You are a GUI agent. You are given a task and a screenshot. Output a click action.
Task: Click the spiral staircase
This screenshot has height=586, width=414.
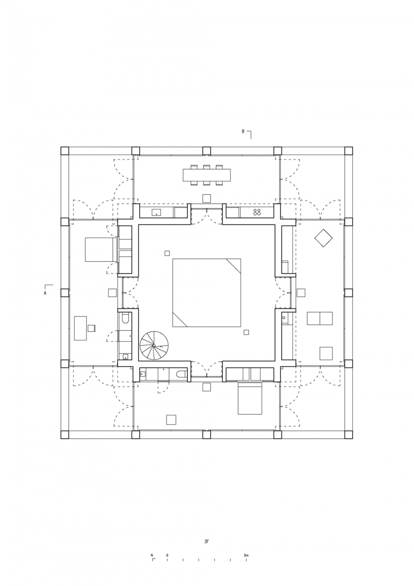coord(154,346)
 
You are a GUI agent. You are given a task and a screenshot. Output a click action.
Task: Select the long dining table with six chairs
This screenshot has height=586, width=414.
coord(207,175)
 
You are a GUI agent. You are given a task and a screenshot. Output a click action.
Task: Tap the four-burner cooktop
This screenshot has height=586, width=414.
coord(256,212)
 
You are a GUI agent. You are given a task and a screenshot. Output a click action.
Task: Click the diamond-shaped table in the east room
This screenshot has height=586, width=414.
coord(323,238)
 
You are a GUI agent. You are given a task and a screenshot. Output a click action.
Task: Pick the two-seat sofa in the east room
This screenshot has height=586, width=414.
coord(320,318)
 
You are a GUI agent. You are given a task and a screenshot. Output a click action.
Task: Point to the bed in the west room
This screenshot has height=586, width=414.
coord(101,249)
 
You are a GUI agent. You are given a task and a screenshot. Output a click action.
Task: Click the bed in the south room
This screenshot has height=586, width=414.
coord(249,399)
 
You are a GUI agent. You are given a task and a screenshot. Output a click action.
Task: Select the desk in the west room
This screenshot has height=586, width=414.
coord(80,328)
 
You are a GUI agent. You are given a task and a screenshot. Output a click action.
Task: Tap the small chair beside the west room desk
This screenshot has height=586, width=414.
coord(92,328)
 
